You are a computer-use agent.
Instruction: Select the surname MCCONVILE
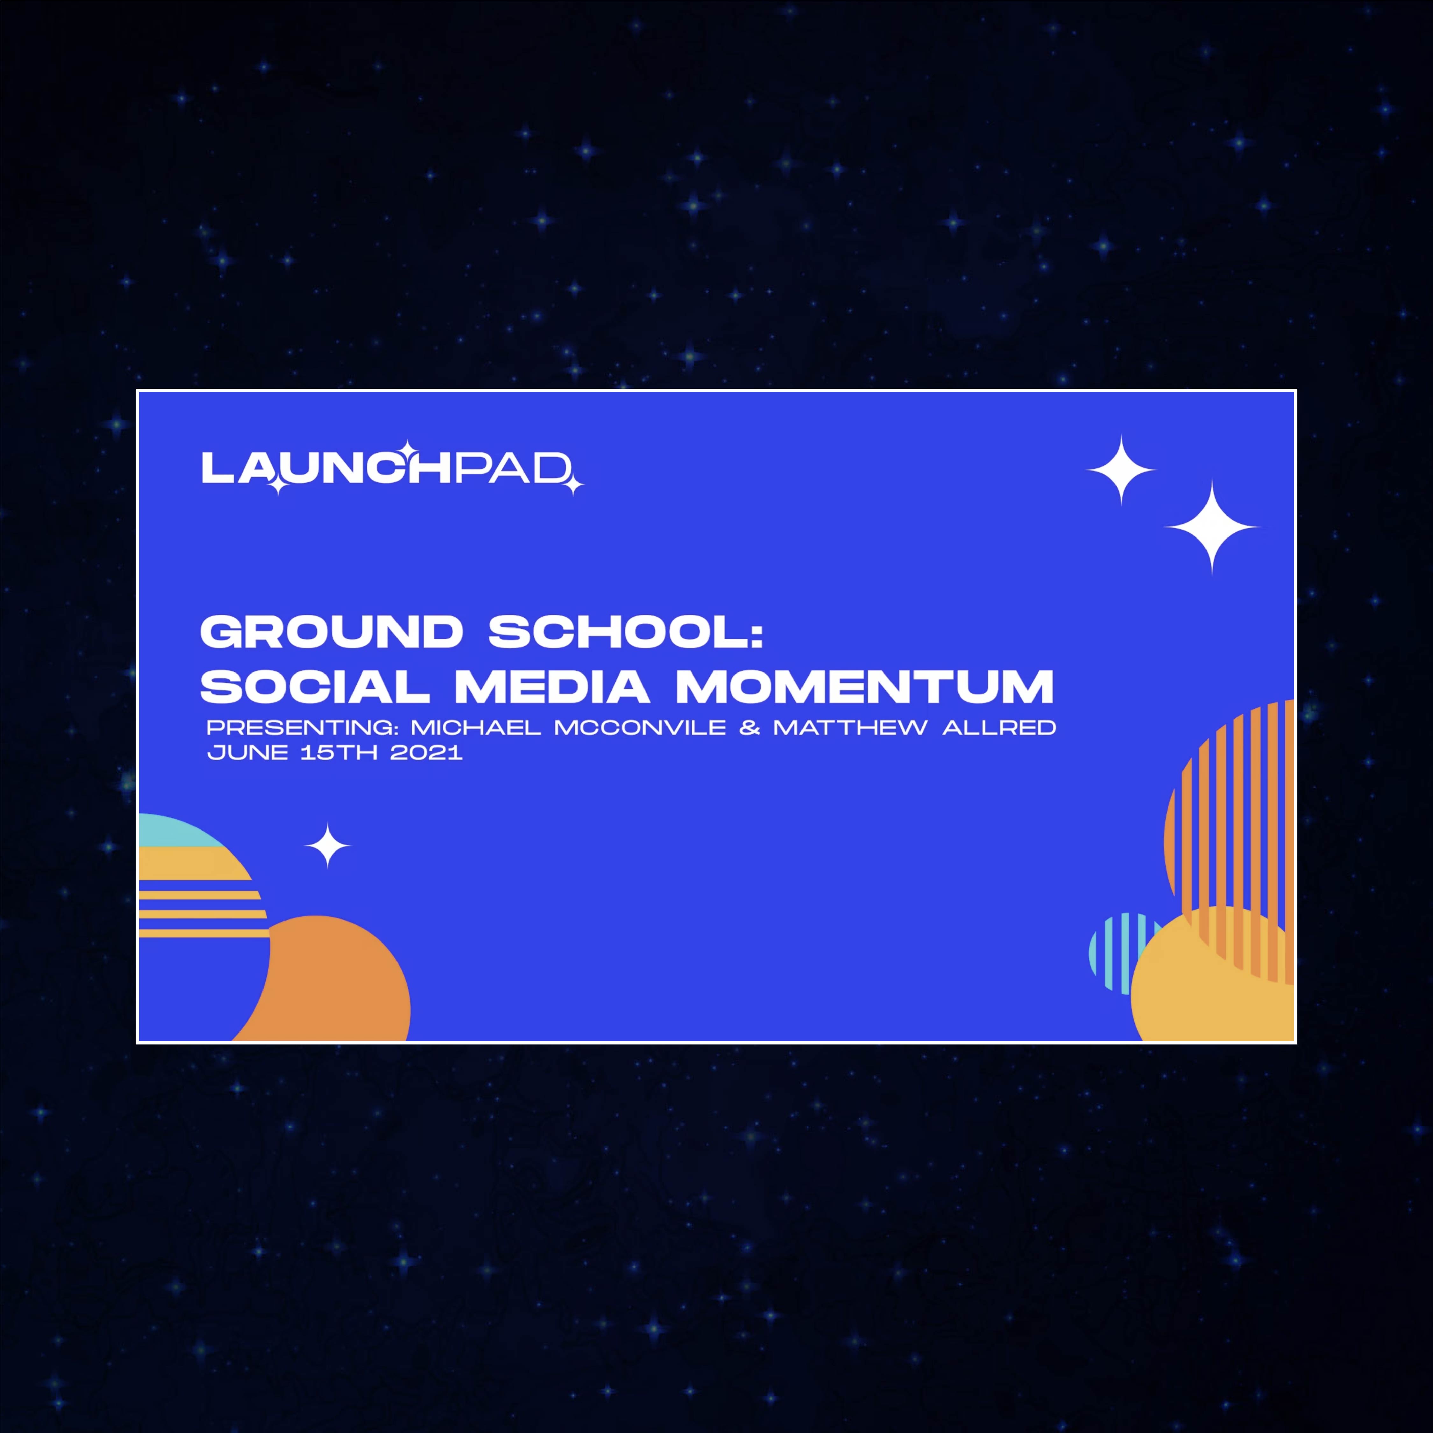[x=640, y=727]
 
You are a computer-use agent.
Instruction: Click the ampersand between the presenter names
[x=750, y=727]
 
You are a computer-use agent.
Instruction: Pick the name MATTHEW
[x=850, y=727]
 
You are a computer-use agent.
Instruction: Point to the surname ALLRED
[x=999, y=727]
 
